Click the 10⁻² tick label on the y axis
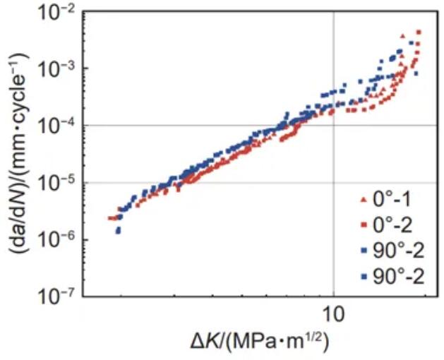[56, 13]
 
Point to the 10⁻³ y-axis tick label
[56, 69]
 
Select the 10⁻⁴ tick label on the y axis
[56, 126]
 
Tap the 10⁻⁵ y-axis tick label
[56, 184]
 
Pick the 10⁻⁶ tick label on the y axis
[56, 240]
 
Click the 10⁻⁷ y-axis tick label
[56, 296]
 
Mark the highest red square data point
[419, 32]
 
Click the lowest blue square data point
[118, 232]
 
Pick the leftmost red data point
[110, 218]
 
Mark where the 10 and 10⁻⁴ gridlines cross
[333, 126]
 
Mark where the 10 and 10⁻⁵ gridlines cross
[333, 183]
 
